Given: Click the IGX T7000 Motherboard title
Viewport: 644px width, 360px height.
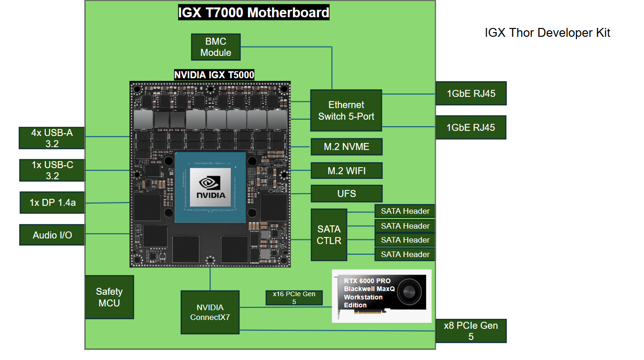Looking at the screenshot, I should tap(254, 12).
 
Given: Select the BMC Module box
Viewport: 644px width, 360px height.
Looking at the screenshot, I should tap(216, 47).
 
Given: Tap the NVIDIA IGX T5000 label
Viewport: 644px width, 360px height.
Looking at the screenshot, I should tap(214, 75).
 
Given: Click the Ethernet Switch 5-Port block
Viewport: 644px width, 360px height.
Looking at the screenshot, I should tap(346, 110).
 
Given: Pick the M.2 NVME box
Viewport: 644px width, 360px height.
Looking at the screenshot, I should tap(346, 147).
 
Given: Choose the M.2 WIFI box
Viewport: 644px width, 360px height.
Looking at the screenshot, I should tap(346, 171).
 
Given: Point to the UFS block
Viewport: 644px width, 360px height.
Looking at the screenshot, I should tap(346, 194).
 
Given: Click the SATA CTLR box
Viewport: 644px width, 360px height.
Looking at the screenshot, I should tap(329, 235).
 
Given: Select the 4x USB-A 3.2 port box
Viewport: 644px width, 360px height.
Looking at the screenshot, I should tap(52, 138).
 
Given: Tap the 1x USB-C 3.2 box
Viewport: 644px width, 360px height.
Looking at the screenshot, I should tap(52, 170).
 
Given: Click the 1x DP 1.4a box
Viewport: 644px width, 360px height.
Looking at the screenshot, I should tap(52, 203).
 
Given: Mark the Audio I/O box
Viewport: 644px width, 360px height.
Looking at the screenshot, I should tap(52, 235).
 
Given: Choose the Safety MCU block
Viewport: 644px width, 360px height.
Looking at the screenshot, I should tap(109, 297).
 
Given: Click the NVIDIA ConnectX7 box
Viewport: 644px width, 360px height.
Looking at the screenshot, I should tap(210, 312).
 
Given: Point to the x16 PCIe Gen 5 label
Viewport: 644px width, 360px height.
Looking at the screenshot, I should tap(294, 298).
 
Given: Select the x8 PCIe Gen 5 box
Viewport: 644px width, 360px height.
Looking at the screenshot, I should tap(470, 331).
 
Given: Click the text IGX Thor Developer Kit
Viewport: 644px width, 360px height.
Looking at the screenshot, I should tap(547, 33).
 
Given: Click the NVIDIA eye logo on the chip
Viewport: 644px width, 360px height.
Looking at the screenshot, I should tap(210, 182).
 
